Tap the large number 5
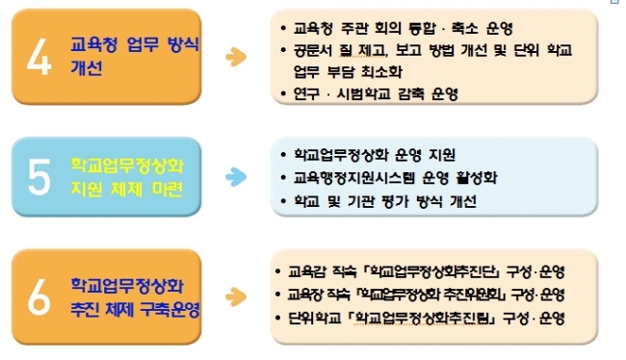(x=39, y=177)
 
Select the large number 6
(x=39, y=296)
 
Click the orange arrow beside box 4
(x=236, y=57)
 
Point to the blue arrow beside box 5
(x=236, y=177)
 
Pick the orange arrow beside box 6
(x=236, y=296)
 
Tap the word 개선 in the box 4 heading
(x=87, y=67)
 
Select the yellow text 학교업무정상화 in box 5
(x=127, y=166)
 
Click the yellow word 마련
(x=168, y=189)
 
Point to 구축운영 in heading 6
(x=170, y=309)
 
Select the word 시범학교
(x=364, y=94)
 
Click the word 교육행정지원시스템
(x=354, y=178)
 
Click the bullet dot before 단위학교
(x=278, y=318)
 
